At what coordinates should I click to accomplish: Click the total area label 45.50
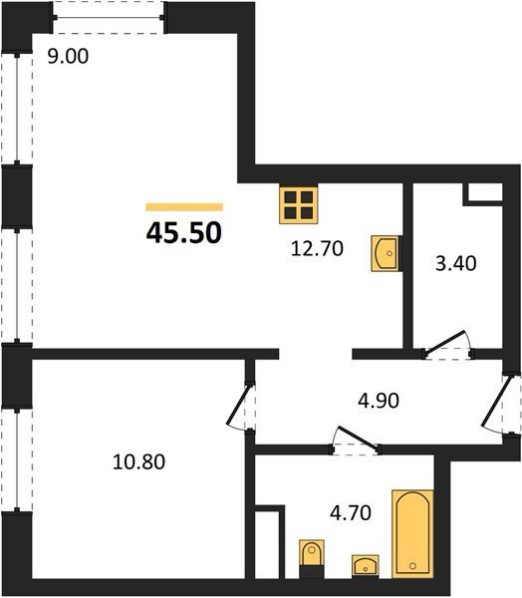pos(183,233)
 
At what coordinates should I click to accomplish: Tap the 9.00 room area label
pos(68,57)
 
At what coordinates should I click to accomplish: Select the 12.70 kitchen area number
pos(317,248)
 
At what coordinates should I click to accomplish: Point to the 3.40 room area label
pos(456,263)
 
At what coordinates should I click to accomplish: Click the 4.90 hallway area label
pos(379,401)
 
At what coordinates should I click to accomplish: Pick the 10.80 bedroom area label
pos(139,461)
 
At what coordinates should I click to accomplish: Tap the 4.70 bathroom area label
pos(351,513)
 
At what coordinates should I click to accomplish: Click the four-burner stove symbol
pos(299,204)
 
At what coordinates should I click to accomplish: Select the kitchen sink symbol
pos(386,253)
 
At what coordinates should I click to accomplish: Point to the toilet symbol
pos(312,554)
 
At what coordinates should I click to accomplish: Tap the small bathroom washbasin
pos(366,565)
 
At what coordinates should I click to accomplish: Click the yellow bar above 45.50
pos(184,207)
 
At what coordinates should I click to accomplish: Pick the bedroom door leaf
pos(238,405)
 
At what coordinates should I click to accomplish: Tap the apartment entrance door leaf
pos(496,403)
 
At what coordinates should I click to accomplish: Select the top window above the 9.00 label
pos(109,18)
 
